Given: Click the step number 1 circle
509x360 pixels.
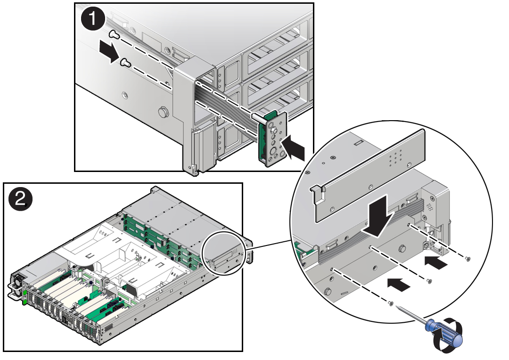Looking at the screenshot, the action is pos(92,19).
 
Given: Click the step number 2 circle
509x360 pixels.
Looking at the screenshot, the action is pos(20,198).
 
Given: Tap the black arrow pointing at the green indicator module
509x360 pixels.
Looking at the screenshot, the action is pos(293,147).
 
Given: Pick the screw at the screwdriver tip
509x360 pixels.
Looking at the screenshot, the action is pos(391,303).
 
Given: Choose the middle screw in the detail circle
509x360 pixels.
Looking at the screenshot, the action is pos(429,281).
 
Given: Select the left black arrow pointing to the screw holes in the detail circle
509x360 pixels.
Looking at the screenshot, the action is pos(399,285).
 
